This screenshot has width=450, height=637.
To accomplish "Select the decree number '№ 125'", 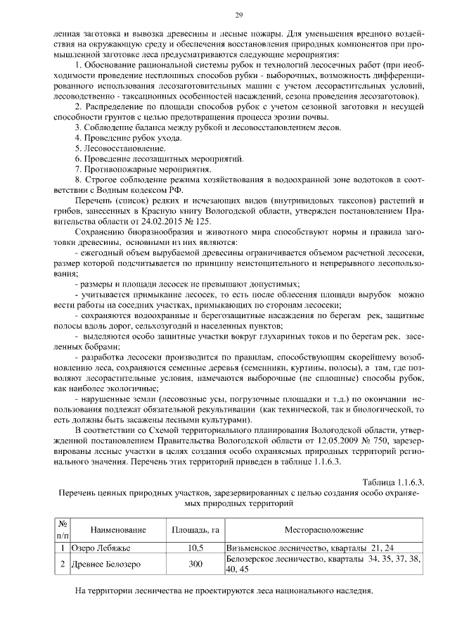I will pos(200,221).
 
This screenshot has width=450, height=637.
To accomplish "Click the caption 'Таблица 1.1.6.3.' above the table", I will pos(393,481).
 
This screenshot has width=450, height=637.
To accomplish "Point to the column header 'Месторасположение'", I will pos(323,529).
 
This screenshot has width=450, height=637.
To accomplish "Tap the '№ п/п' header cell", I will pos(62,529).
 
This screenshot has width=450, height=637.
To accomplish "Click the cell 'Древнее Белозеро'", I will pos(108,564).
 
